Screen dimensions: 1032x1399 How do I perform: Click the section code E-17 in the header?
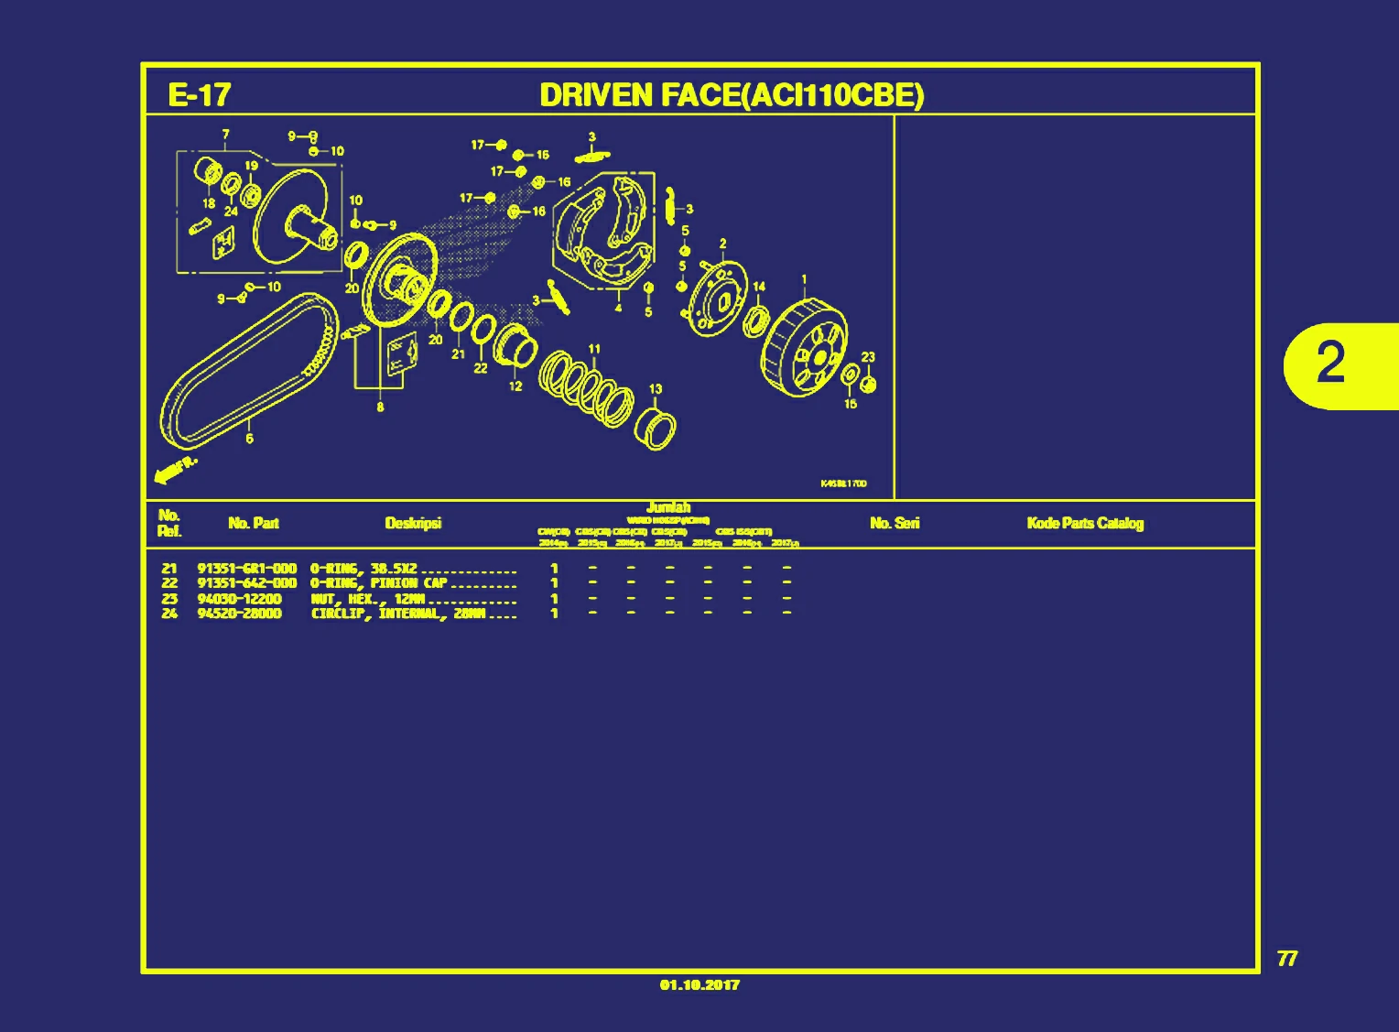pos(199,95)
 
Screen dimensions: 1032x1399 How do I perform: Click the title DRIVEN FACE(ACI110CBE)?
pos(732,95)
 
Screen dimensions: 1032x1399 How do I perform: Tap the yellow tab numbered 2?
pos(1333,364)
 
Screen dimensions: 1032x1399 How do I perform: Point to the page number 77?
pos(1286,959)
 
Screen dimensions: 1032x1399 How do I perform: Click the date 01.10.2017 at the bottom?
pos(699,985)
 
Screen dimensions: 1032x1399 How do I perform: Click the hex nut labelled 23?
pos(869,385)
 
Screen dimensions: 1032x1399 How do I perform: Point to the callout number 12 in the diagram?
pos(515,386)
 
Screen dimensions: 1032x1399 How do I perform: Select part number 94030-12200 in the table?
pos(239,599)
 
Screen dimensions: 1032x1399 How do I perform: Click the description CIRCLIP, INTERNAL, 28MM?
pos(398,614)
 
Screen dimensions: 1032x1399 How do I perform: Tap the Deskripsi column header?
pos(413,523)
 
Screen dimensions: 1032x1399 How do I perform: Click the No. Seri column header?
pos(895,523)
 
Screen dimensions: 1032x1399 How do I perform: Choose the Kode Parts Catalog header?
pos(1085,523)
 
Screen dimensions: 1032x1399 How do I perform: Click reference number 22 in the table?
pos(169,583)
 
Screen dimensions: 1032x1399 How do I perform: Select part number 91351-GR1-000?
pos(247,569)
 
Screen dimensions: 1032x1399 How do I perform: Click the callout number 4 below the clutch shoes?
pos(618,309)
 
